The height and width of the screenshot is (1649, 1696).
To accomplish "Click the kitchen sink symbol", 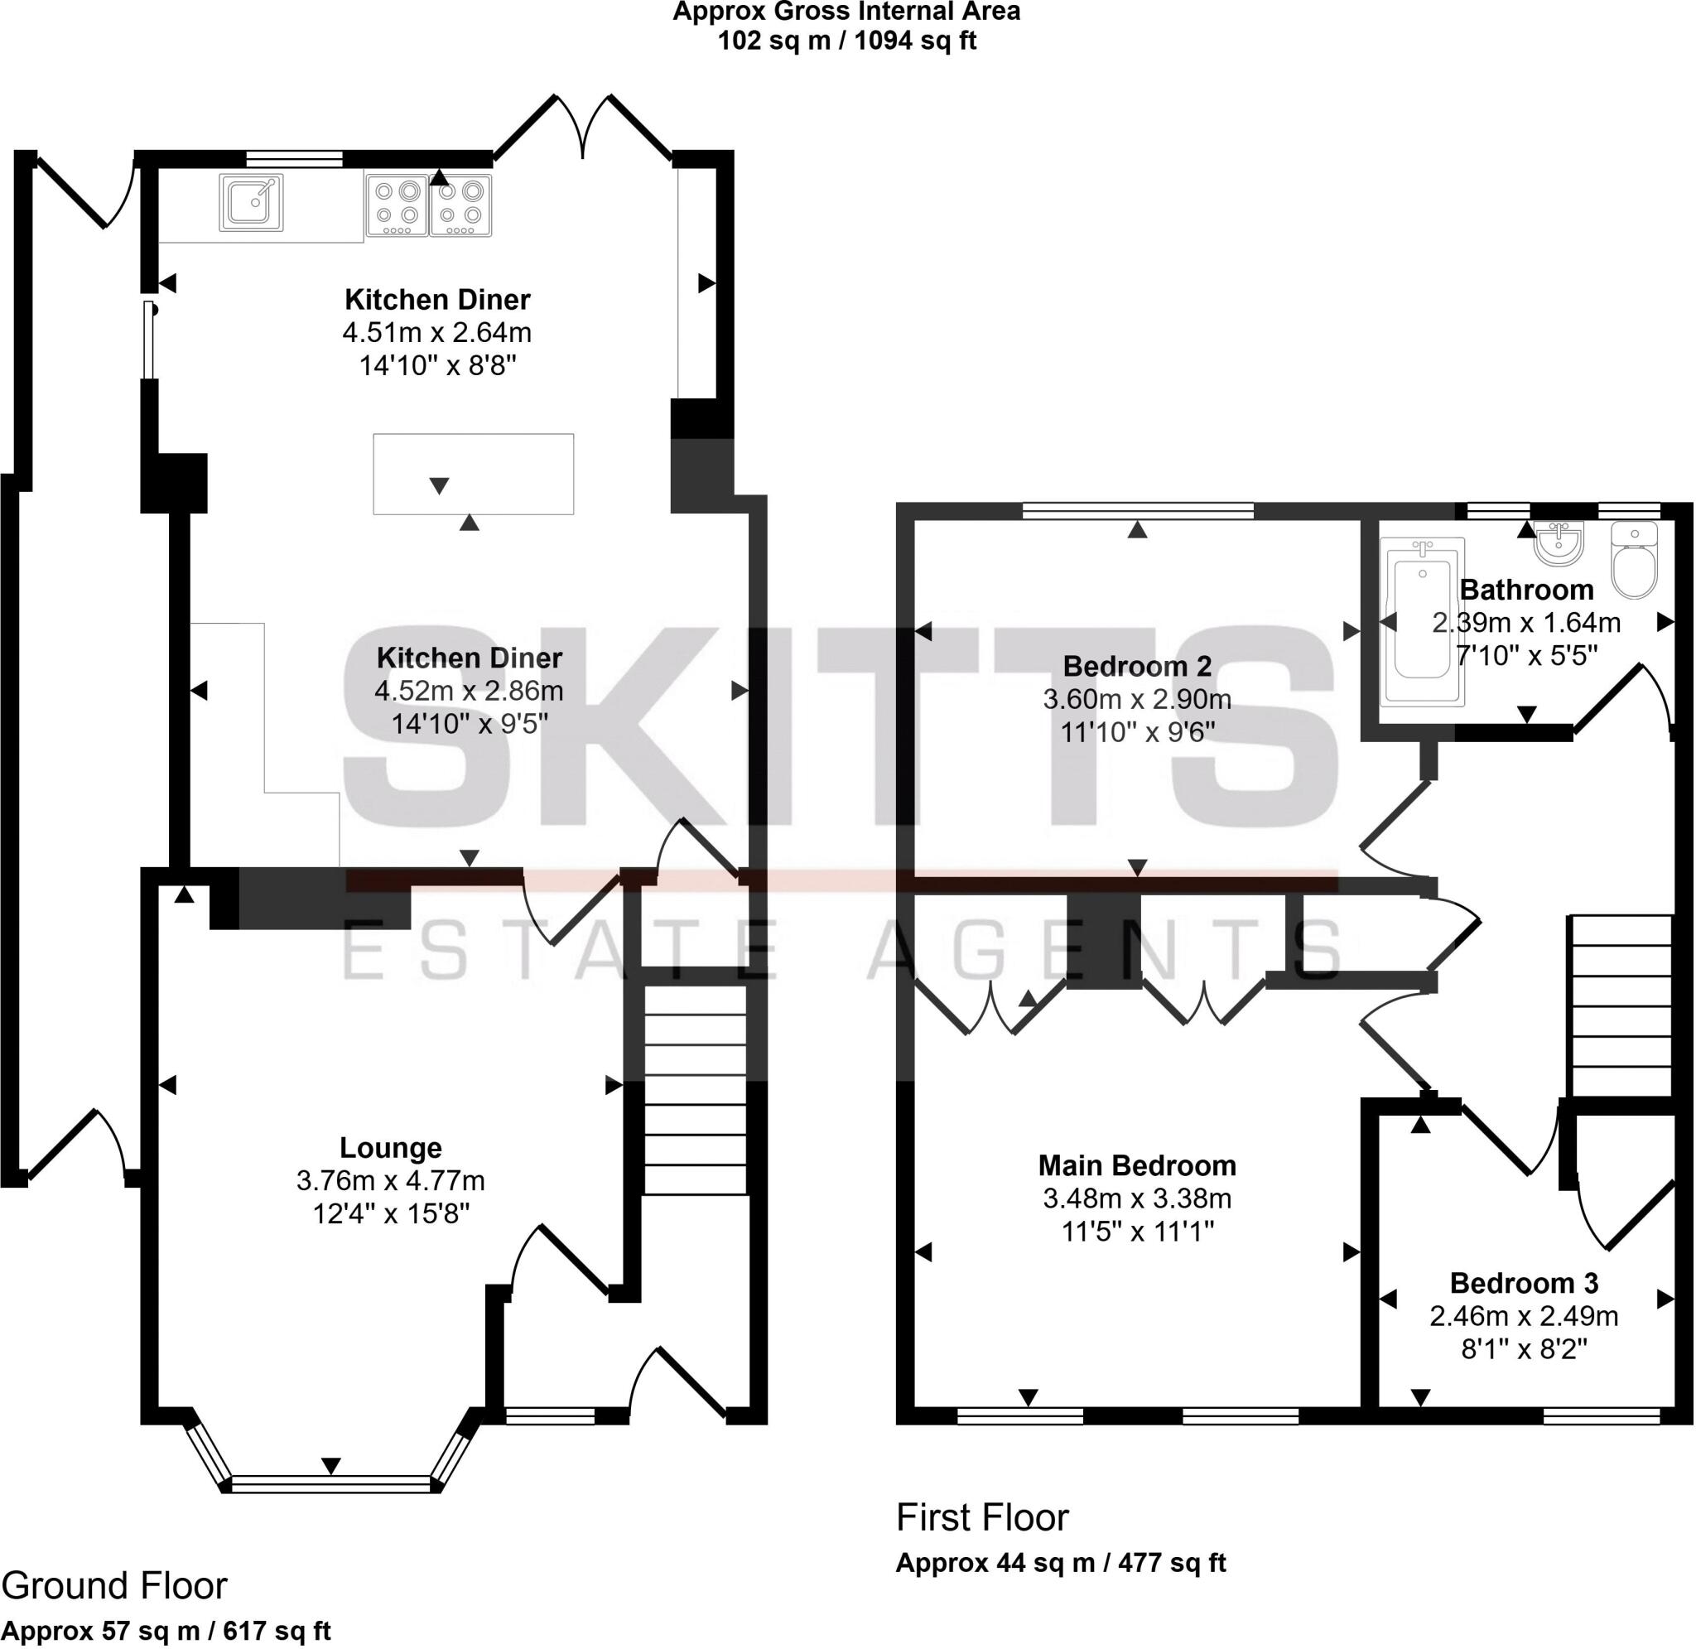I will tap(251, 203).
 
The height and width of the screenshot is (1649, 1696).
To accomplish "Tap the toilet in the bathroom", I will tap(1634, 562).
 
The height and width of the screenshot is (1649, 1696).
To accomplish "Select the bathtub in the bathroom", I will tap(1422, 621).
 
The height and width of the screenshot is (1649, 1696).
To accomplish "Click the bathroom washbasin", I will tap(1559, 544).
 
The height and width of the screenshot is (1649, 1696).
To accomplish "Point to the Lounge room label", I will tap(390, 1149).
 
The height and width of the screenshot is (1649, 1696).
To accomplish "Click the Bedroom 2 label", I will tap(1137, 667).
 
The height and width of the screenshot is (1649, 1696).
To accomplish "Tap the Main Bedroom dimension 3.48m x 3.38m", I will tap(1137, 1198).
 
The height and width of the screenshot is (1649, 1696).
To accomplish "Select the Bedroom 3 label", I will tap(1524, 1283).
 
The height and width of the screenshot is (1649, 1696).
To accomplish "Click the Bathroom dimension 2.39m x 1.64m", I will tap(1525, 623).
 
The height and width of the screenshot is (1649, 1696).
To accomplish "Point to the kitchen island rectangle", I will tap(473, 474).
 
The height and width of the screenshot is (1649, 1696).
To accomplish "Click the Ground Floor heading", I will tap(113, 1586).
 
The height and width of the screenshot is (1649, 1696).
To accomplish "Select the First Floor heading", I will tap(982, 1518).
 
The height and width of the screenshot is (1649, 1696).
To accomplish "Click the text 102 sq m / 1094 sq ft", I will tap(846, 41).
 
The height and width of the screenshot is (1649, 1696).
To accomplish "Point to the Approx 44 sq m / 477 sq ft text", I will tap(1061, 1563).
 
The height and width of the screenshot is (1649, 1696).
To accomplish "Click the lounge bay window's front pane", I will tap(330, 1484).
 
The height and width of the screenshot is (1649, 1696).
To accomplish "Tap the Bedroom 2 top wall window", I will tap(1138, 511).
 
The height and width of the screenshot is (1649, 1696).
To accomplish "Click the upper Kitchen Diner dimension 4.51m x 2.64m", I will tap(437, 333).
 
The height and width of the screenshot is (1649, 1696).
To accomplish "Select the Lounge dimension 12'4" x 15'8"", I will tap(390, 1214).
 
